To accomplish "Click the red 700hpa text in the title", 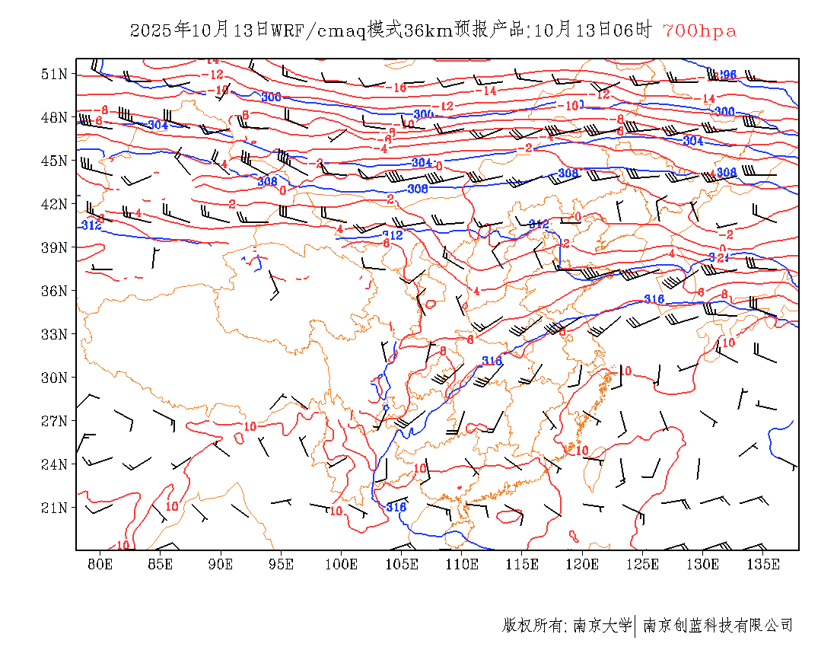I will click(699, 30).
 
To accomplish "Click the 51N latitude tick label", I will click(54, 74).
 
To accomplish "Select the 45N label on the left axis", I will click(54, 161).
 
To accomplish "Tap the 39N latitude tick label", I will click(54, 247).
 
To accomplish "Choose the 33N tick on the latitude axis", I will click(54, 334).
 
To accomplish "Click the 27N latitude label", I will click(54, 421).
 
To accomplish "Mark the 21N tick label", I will click(54, 508).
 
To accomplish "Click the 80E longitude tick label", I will click(100, 564).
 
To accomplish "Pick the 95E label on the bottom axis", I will click(281, 564).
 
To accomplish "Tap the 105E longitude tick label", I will click(402, 564).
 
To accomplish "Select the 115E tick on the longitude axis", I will click(522, 564).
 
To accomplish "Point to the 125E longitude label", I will click(642, 564).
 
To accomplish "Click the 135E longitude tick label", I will click(763, 564).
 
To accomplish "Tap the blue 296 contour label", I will click(728, 75).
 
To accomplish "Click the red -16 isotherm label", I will click(397, 88).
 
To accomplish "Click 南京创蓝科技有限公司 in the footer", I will click(718, 626).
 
